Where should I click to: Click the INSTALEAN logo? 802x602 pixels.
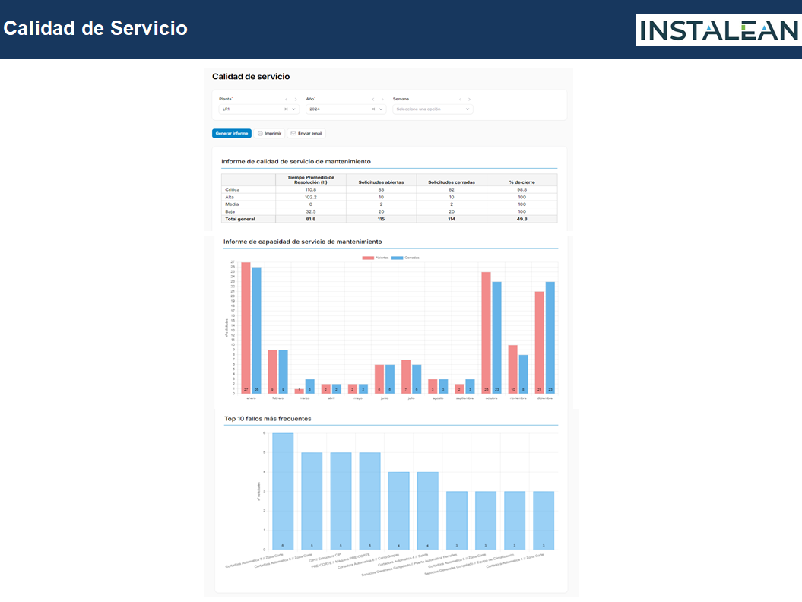point(718,31)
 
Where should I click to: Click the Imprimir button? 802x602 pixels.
point(269,133)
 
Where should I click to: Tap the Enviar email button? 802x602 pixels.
point(306,133)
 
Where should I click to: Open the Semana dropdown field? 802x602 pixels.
point(432,109)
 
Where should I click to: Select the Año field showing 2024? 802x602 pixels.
point(340,109)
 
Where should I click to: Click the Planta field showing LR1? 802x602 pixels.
point(253,109)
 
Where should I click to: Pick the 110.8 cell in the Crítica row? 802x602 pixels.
point(310,189)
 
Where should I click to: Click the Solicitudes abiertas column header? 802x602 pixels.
point(381,182)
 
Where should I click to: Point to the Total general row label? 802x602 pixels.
point(240,219)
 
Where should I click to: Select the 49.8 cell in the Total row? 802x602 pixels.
point(521,219)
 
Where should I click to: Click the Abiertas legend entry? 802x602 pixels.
point(376,258)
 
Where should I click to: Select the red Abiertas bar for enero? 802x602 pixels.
point(246,328)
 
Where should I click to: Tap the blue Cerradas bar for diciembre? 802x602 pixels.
point(550,337)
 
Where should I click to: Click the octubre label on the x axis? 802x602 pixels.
point(491,398)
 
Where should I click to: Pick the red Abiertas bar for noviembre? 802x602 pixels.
point(513,369)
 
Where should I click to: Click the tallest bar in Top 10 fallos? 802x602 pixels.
point(283,490)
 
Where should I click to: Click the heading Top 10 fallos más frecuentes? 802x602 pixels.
point(268,419)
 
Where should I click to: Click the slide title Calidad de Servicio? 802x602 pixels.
point(96,28)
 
